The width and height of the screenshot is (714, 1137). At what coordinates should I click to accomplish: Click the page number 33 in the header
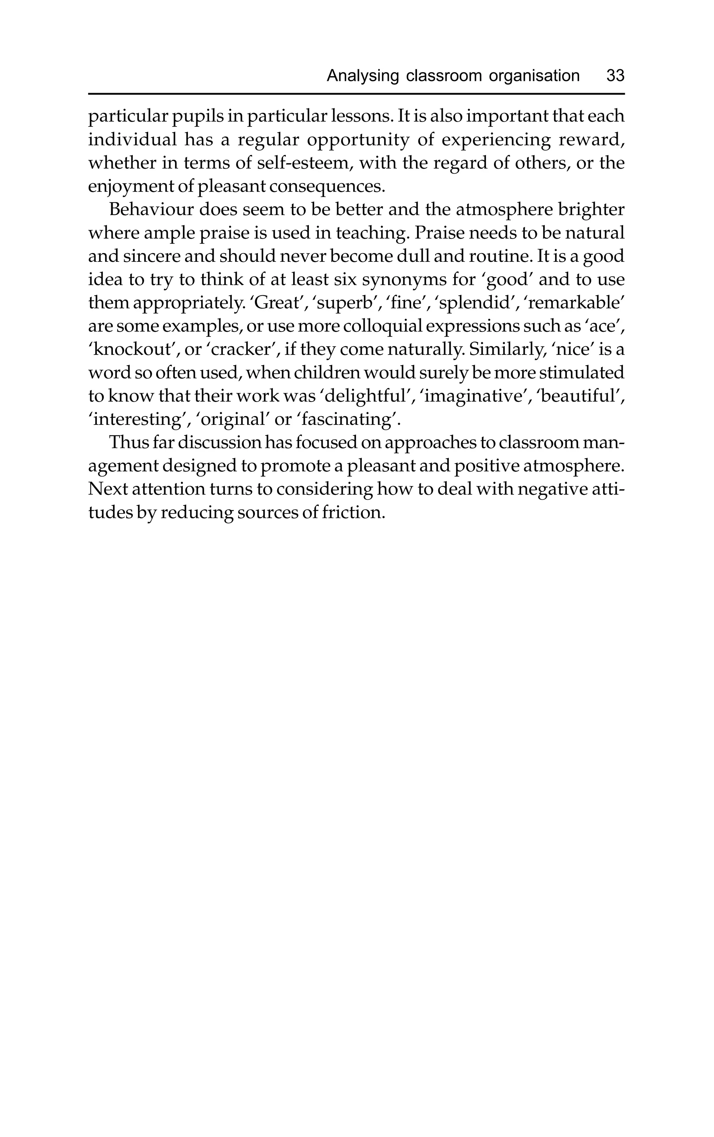click(615, 76)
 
